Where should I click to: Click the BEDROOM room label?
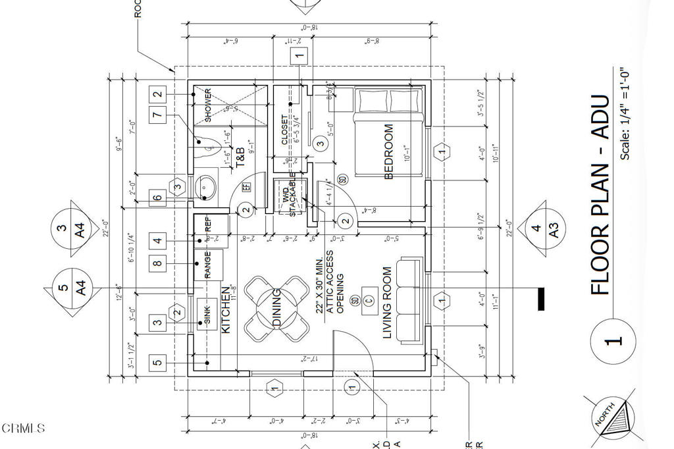point(388,151)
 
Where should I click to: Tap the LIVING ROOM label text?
point(388,303)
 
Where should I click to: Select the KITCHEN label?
point(226,309)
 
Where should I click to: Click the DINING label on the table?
point(277,309)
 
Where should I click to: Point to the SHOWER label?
point(208,105)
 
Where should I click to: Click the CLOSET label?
point(284,130)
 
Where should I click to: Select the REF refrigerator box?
point(209,230)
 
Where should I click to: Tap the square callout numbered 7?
point(157,115)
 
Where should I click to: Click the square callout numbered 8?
point(157,264)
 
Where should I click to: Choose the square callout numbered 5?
point(157,362)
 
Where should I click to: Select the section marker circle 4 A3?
point(544,230)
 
